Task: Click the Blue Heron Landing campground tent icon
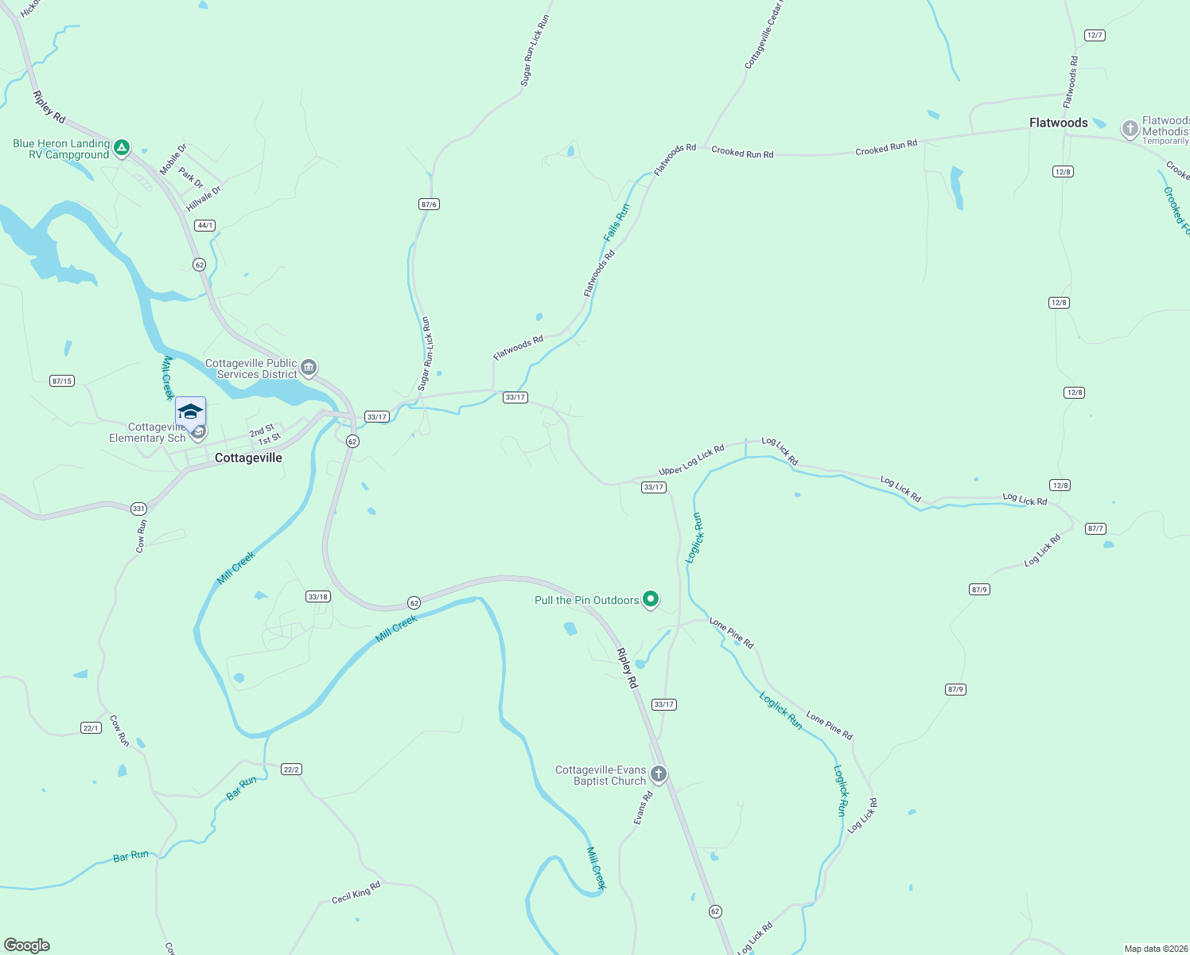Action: click(121, 147)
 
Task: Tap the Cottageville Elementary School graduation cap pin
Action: click(190, 412)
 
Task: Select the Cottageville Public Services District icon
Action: click(309, 368)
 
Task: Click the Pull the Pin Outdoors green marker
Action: click(651, 599)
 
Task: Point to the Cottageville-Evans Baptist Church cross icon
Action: click(658, 774)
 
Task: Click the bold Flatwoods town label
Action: click(1058, 123)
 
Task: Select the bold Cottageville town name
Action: click(248, 458)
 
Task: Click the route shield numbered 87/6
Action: click(429, 205)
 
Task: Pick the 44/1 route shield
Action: click(205, 225)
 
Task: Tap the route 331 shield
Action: click(138, 509)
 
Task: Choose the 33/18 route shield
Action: click(317, 596)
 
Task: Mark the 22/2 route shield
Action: click(291, 770)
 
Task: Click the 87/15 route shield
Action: click(61, 381)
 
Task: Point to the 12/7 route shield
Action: click(1095, 35)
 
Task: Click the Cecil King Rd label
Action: click(356, 892)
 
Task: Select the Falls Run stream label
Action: click(616, 223)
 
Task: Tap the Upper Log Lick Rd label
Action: click(691, 460)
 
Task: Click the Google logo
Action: click(27, 945)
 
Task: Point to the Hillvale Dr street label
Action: click(204, 199)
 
